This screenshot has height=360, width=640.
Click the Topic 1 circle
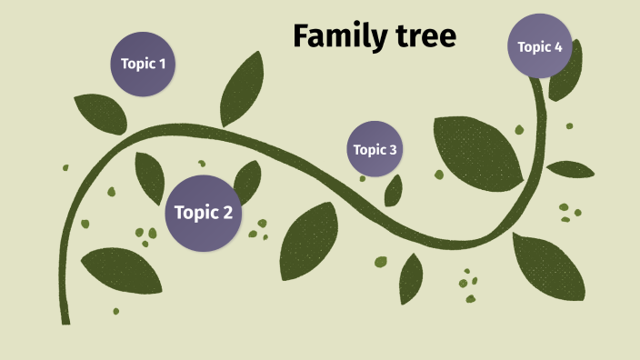click(144, 64)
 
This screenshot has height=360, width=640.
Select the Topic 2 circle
click(204, 213)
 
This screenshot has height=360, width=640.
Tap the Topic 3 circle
click(375, 149)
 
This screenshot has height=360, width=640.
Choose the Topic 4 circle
click(540, 45)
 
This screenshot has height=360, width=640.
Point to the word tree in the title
click(425, 36)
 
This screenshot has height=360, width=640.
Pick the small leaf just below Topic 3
click(394, 190)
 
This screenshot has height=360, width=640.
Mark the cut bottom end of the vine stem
click(65, 319)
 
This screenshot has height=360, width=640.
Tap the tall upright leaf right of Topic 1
click(242, 88)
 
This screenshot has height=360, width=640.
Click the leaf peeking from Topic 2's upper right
click(246, 180)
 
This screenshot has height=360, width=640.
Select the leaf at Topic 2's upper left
click(149, 175)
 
